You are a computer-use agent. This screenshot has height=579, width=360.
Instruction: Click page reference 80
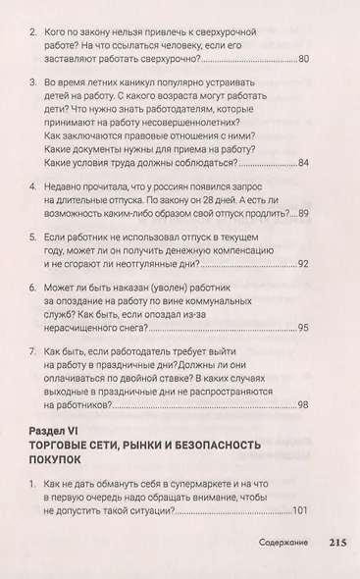304,60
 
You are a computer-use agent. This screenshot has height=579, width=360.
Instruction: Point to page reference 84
304,162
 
